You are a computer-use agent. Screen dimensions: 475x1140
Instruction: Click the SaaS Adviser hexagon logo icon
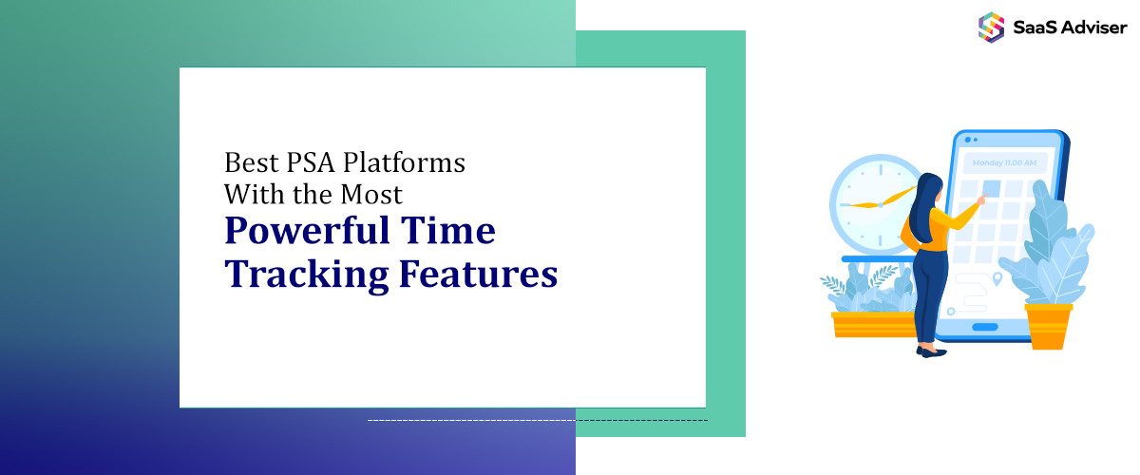[991, 27]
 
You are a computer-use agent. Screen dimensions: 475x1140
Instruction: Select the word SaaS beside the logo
[1033, 27]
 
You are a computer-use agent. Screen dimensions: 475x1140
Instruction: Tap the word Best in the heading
[246, 162]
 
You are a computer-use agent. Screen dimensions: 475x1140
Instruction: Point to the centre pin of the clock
[879, 203]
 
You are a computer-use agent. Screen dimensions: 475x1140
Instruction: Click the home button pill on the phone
[985, 327]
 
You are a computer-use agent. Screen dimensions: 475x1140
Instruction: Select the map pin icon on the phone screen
[997, 279]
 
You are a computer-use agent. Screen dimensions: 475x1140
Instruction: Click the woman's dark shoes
[931, 351]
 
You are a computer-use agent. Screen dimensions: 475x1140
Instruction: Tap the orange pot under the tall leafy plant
[1048, 325]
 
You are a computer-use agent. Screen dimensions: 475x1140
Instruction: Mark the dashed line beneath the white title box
[537, 420]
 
